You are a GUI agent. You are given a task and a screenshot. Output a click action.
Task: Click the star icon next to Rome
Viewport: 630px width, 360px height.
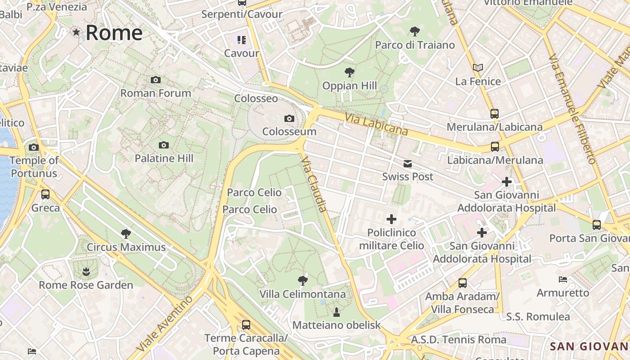76,32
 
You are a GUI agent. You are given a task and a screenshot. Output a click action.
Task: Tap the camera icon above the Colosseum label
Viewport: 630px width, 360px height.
289,119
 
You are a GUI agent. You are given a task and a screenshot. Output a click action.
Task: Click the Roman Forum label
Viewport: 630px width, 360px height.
156,93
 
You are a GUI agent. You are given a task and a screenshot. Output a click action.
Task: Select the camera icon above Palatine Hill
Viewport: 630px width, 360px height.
164,145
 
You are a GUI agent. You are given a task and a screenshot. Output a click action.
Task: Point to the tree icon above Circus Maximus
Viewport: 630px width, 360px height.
126,234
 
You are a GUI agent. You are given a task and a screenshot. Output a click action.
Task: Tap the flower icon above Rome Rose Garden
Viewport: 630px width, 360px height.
85,271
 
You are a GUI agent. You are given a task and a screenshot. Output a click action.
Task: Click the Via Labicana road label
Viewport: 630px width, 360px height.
376,124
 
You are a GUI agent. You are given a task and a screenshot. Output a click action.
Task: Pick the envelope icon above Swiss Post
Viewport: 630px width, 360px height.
407,163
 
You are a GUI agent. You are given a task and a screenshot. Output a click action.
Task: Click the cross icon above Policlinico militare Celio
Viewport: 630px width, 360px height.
391,219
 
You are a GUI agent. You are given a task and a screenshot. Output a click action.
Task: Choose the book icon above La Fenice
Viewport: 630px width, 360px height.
478,68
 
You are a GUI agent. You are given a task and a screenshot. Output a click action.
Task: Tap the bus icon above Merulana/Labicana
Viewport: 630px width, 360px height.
495,114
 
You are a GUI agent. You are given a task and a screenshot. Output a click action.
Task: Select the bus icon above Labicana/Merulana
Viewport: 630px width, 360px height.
495,147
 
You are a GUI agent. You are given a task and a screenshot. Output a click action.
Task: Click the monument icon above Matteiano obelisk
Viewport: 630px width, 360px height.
337,311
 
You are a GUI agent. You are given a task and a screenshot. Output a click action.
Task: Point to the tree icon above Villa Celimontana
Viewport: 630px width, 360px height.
303,281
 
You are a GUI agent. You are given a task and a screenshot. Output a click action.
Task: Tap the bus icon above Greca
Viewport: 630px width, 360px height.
45,194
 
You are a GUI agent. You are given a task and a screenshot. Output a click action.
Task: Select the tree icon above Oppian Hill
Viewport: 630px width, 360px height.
349,72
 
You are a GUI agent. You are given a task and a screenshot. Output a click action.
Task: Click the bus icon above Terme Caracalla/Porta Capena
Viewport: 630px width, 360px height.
246,324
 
